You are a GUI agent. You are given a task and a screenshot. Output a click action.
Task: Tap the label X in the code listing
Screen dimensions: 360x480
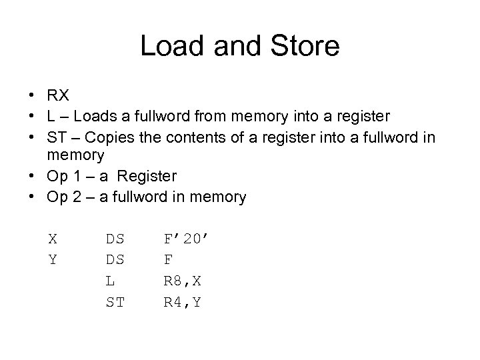point(52,237)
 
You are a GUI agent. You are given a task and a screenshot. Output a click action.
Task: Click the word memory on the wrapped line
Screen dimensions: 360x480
point(75,157)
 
